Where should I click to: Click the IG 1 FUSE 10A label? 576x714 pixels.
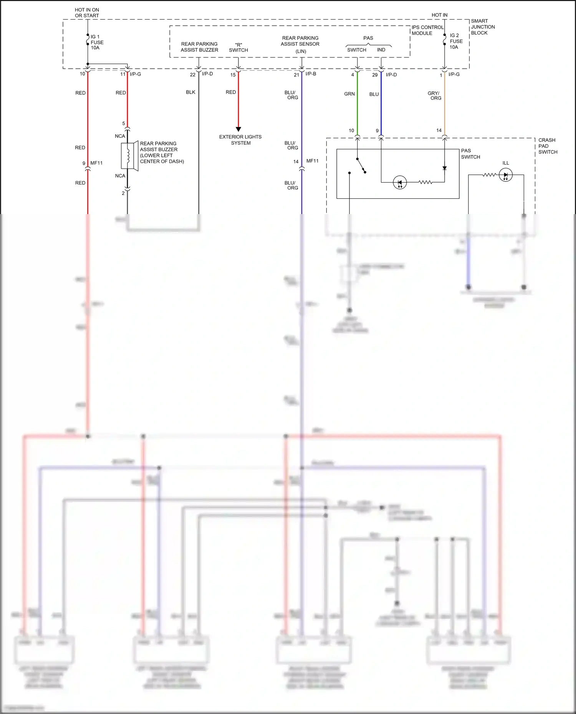click(96, 42)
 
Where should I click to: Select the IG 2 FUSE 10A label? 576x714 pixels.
click(456, 41)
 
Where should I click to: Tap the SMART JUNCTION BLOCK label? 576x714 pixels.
click(483, 27)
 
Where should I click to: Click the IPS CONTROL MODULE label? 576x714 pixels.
click(427, 30)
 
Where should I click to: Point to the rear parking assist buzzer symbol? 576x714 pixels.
click(129, 155)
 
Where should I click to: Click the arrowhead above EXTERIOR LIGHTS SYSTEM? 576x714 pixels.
click(238, 129)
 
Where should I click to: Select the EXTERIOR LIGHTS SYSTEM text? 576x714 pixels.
click(240, 140)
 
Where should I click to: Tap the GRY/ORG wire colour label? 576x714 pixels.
click(435, 96)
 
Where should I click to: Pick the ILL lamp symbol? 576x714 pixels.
click(505, 175)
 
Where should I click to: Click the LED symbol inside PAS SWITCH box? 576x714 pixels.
click(400, 182)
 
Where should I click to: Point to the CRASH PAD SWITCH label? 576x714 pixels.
click(548, 146)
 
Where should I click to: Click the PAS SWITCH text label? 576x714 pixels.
click(470, 154)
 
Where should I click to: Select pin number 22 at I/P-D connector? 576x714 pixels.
click(193, 75)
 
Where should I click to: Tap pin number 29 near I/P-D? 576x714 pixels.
click(375, 75)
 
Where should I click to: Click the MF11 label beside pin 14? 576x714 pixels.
click(312, 161)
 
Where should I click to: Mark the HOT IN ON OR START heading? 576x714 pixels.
click(87, 13)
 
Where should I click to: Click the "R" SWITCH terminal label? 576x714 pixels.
click(238, 48)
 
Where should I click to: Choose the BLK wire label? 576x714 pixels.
click(190, 92)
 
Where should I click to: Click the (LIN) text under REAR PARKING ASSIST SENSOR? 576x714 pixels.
click(301, 51)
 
